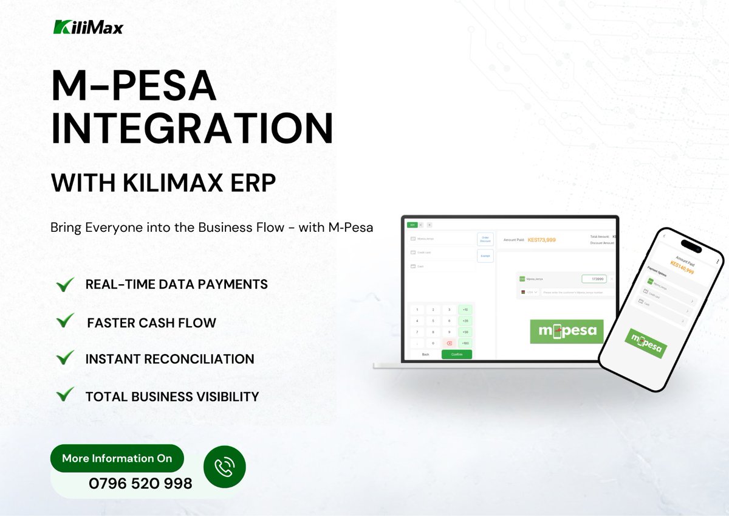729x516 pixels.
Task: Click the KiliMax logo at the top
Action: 87,27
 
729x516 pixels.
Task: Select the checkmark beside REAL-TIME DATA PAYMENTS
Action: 64,284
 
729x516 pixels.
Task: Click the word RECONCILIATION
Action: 199,359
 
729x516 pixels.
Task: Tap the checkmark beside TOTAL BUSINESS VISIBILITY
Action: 64,395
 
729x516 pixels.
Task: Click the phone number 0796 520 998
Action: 140,484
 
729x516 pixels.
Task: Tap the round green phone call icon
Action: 224,467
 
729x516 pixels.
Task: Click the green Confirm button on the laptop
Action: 456,354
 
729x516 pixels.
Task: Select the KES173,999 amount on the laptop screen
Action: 541,240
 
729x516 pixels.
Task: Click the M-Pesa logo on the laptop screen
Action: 567,332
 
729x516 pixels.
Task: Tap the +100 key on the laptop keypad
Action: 465,344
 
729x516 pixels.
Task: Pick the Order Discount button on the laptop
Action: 485,239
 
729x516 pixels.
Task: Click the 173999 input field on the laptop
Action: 594,279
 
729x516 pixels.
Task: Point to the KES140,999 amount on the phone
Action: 682,267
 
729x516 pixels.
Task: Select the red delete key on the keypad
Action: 449,344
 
